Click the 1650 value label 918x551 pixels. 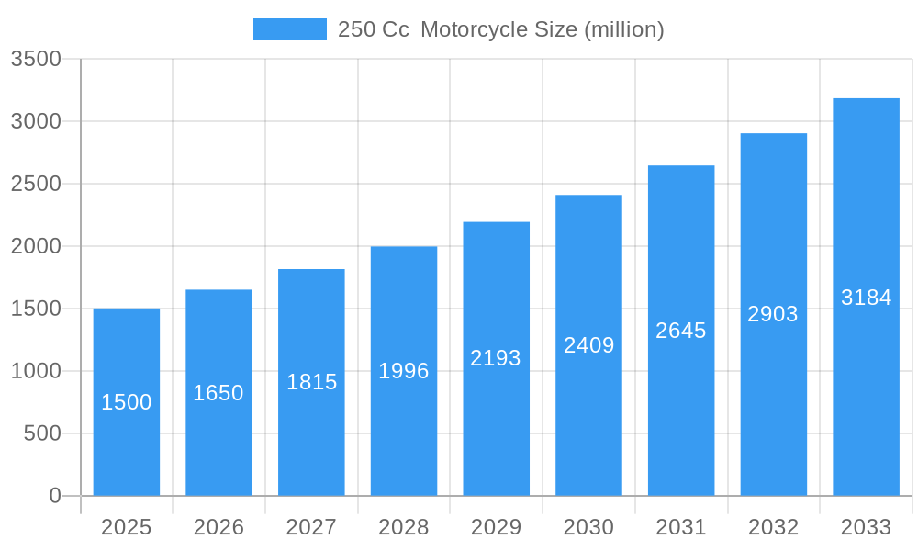pos(218,393)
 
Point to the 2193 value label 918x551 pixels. pos(496,358)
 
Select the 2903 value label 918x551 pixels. pos(773,314)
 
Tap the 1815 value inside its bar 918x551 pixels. pos(312,382)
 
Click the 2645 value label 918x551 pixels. pos(681,331)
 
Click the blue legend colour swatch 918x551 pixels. pos(290,29)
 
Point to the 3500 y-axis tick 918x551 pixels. pos(36,59)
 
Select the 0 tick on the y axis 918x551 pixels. pos(55,496)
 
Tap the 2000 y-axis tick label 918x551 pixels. pos(36,246)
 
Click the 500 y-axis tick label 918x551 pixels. pos(42,433)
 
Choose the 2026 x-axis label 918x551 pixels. pos(218,527)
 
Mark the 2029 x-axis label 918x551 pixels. pos(496,527)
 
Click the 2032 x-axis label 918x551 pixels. pos(773,527)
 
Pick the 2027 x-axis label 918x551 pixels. pos(311,527)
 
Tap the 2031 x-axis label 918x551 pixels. pos(681,527)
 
